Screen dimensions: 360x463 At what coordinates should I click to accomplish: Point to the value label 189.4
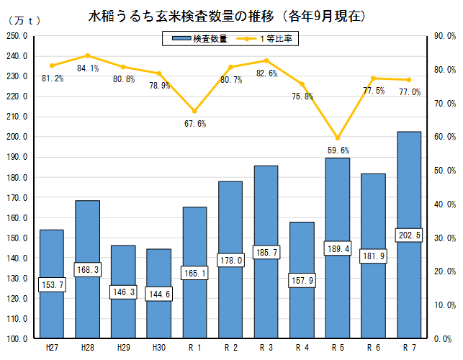pos(338,249)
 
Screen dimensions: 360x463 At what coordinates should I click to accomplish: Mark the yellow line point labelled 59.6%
pos(338,138)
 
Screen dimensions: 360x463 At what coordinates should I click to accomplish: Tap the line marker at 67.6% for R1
pos(194,111)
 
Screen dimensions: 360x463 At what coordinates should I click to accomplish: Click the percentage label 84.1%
pos(88,68)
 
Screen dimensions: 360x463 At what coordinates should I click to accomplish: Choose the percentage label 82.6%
pos(267,73)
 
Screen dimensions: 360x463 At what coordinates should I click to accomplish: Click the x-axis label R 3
pos(266,347)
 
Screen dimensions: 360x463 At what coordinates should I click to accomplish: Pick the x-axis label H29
pos(123,347)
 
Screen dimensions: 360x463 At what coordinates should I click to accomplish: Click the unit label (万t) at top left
pos(24,20)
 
